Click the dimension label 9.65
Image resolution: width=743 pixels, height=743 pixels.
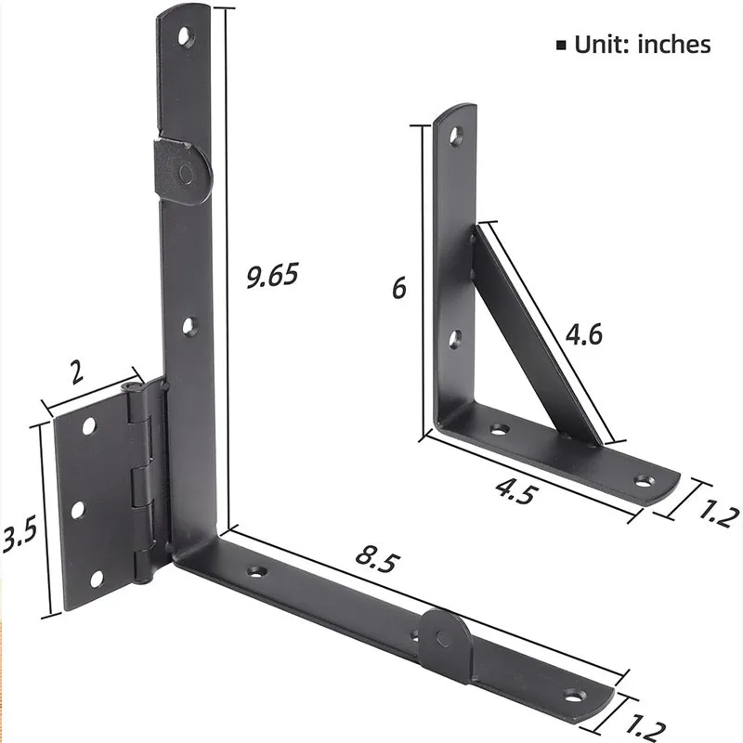pos(272,276)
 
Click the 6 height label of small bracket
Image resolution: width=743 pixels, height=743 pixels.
pos(398,289)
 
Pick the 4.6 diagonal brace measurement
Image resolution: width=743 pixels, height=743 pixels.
pos(582,333)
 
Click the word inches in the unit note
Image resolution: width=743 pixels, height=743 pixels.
pos(673,44)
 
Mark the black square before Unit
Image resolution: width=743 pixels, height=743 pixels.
pos(560,45)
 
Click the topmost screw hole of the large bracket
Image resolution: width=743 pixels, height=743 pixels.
pos(188,38)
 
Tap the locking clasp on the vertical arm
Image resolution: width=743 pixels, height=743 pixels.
pos(184,172)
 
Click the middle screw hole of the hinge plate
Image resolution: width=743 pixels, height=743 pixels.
pos(78,509)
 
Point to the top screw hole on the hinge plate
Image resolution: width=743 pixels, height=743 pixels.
pos(89,426)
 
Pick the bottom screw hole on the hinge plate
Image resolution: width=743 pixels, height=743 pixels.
pos(96,580)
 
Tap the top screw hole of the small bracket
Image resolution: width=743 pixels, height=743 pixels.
pos(455,137)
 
